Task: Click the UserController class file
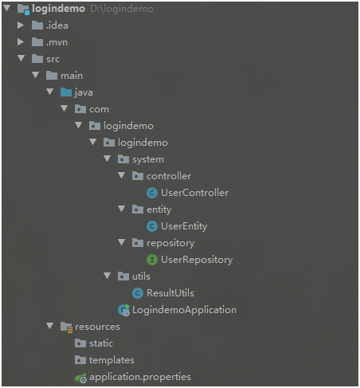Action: [x=194, y=193]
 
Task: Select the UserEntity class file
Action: [x=184, y=226]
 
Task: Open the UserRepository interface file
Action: [x=197, y=260]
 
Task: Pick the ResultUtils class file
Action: [x=170, y=293]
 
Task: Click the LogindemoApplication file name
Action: [x=184, y=310]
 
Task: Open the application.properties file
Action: [x=140, y=377]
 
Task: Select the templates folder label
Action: [x=112, y=360]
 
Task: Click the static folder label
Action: [x=101, y=343]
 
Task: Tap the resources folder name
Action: [x=97, y=327]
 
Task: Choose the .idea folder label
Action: [x=57, y=25]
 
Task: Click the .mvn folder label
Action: [x=57, y=42]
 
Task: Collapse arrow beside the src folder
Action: [x=22, y=58]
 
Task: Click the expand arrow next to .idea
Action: [x=21, y=25]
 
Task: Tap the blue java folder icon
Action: [x=66, y=92]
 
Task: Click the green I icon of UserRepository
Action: [x=152, y=260]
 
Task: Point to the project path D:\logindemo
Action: [x=122, y=9]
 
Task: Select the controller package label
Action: [x=169, y=176]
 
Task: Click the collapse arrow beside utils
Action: [x=108, y=276]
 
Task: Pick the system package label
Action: [x=148, y=159]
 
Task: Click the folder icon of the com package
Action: [x=80, y=109]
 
